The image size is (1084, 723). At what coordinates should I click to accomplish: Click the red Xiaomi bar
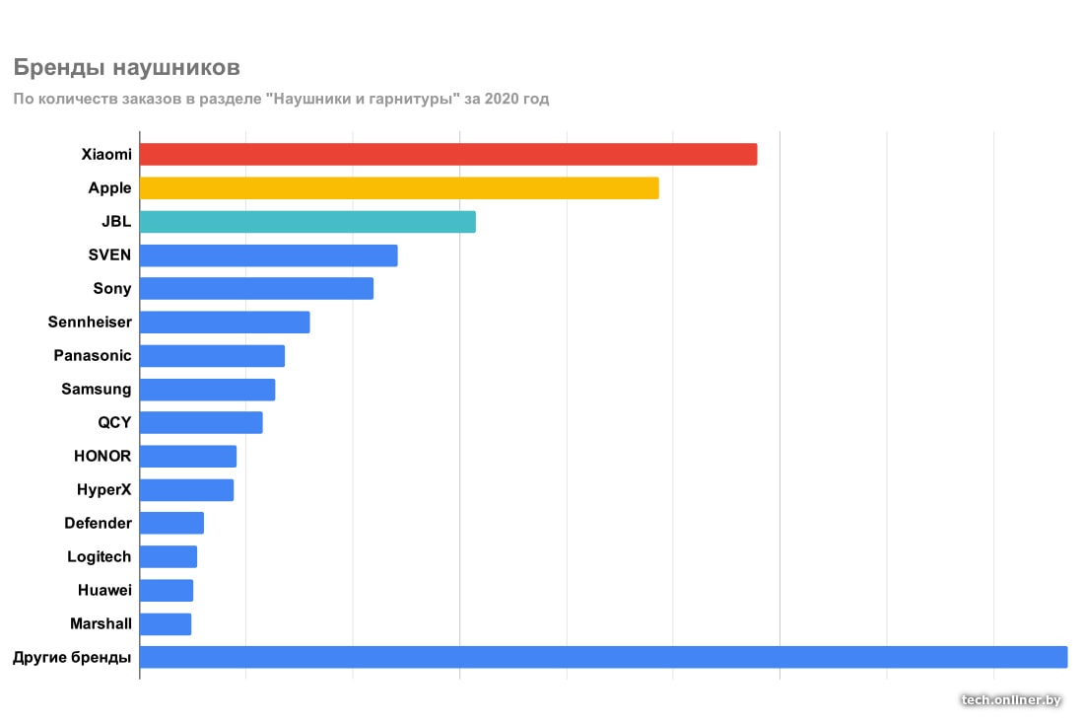pyautogui.click(x=448, y=154)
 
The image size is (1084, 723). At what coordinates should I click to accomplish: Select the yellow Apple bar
pyautogui.click(x=399, y=187)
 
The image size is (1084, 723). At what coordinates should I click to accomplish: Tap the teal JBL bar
pyautogui.click(x=307, y=221)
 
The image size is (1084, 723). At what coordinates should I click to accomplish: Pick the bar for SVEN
pyautogui.click(x=268, y=254)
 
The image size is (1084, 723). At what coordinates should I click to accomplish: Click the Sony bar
pyautogui.click(x=256, y=288)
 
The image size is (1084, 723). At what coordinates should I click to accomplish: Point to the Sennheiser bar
pyautogui.click(x=225, y=322)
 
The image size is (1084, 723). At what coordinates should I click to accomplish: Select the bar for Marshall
pyautogui.click(x=166, y=623)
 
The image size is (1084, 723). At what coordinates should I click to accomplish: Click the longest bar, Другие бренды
pyautogui.click(x=603, y=657)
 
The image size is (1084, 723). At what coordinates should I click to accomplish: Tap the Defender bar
pyautogui.click(x=171, y=523)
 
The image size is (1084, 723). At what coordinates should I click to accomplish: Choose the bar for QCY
pyautogui.click(x=201, y=422)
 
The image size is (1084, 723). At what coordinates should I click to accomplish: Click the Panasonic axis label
pyautogui.click(x=93, y=355)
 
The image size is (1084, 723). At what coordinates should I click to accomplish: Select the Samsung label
pyautogui.click(x=96, y=389)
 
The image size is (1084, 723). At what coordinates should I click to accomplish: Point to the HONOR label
pyautogui.click(x=102, y=456)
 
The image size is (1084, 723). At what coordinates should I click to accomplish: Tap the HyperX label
pyautogui.click(x=103, y=489)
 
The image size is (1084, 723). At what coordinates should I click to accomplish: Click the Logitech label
pyautogui.click(x=99, y=556)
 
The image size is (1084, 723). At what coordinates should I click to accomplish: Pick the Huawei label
pyautogui.click(x=104, y=590)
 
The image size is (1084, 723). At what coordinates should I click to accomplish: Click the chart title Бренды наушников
pyautogui.click(x=126, y=68)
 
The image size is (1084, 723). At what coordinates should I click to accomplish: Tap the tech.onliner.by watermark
pyautogui.click(x=1011, y=699)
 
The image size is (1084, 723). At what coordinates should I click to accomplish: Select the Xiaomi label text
pyautogui.click(x=106, y=154)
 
